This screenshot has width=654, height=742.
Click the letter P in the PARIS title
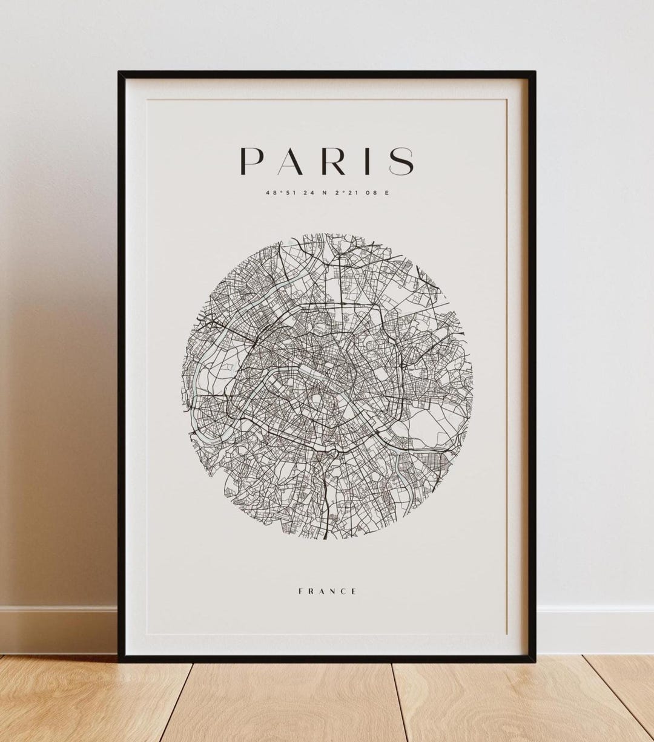(x=252, y=161)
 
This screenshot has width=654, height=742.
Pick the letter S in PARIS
(x=401, y=161)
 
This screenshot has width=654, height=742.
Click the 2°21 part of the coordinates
(x=344, y=193)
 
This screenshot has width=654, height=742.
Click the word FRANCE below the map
(x=327, y=591)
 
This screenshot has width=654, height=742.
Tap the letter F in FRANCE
(x=300, y=591)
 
